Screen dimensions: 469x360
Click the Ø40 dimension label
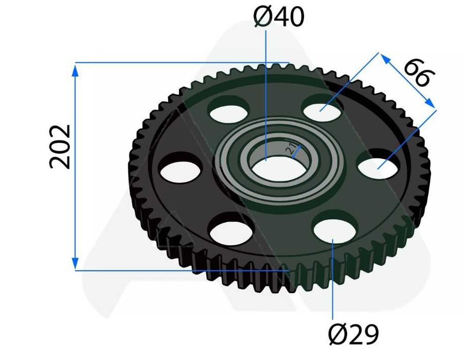click(279, 17)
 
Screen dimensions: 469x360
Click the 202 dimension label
click(60, 147)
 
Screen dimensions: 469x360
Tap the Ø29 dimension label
click(353, 334)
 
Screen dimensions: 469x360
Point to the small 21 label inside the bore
click(290, 149)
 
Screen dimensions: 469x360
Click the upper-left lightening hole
click(229, 114)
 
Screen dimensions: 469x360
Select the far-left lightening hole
click(181, 172)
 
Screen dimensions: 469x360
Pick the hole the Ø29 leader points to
click(336, 230)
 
